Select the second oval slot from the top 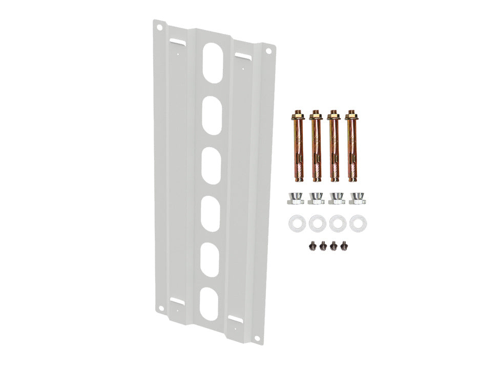tap(212, 116)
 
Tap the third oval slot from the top tap(212, 166)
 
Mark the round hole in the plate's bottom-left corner tap(161, 308)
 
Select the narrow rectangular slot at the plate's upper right tap(242, 55)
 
